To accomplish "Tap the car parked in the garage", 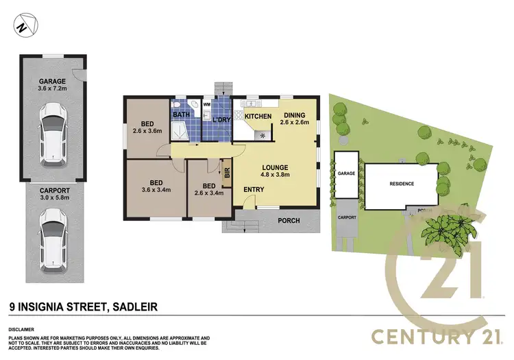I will (x=52, y=132).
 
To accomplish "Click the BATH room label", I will (x=181, y=115).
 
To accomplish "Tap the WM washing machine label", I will (x=206, y=106).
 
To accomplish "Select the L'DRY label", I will (x=221, y=120).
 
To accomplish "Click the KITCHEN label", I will (x=258, y=117).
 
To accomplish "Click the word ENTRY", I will (x=254, y=190).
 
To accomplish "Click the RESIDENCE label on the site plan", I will (x=402, y=184).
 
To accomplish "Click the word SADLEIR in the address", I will (x=134, y=307).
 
